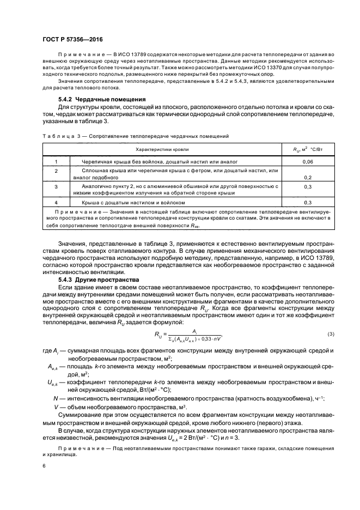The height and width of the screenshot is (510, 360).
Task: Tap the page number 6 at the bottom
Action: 44,466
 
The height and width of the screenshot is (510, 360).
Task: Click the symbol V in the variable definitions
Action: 56,406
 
